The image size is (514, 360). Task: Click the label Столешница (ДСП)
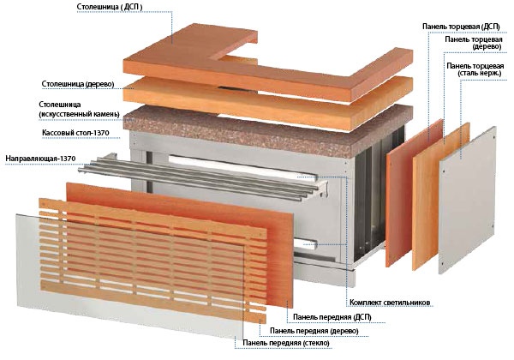click(x=110, y=7)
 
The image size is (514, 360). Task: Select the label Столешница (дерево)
click(x=78, y=84)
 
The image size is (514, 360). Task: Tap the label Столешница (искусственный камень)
click(x=79, y=110)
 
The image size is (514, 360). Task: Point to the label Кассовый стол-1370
click(x=75, y=133)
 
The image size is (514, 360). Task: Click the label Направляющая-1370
click(x=40, y=159)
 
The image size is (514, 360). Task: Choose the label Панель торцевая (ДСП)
click(x=461, y=27)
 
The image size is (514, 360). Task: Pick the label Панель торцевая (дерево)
click(x=474, y=43)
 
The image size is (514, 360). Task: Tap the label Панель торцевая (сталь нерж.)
click(x=475, y=69)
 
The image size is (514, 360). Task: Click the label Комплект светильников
click(x=390, y=303)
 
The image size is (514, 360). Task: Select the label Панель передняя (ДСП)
click(x=332, y=317)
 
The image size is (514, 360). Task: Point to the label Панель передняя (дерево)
click(x=314, y=331)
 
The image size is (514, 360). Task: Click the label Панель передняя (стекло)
click(x=286, y=343)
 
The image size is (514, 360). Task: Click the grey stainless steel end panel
click(x=468, y=200)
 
